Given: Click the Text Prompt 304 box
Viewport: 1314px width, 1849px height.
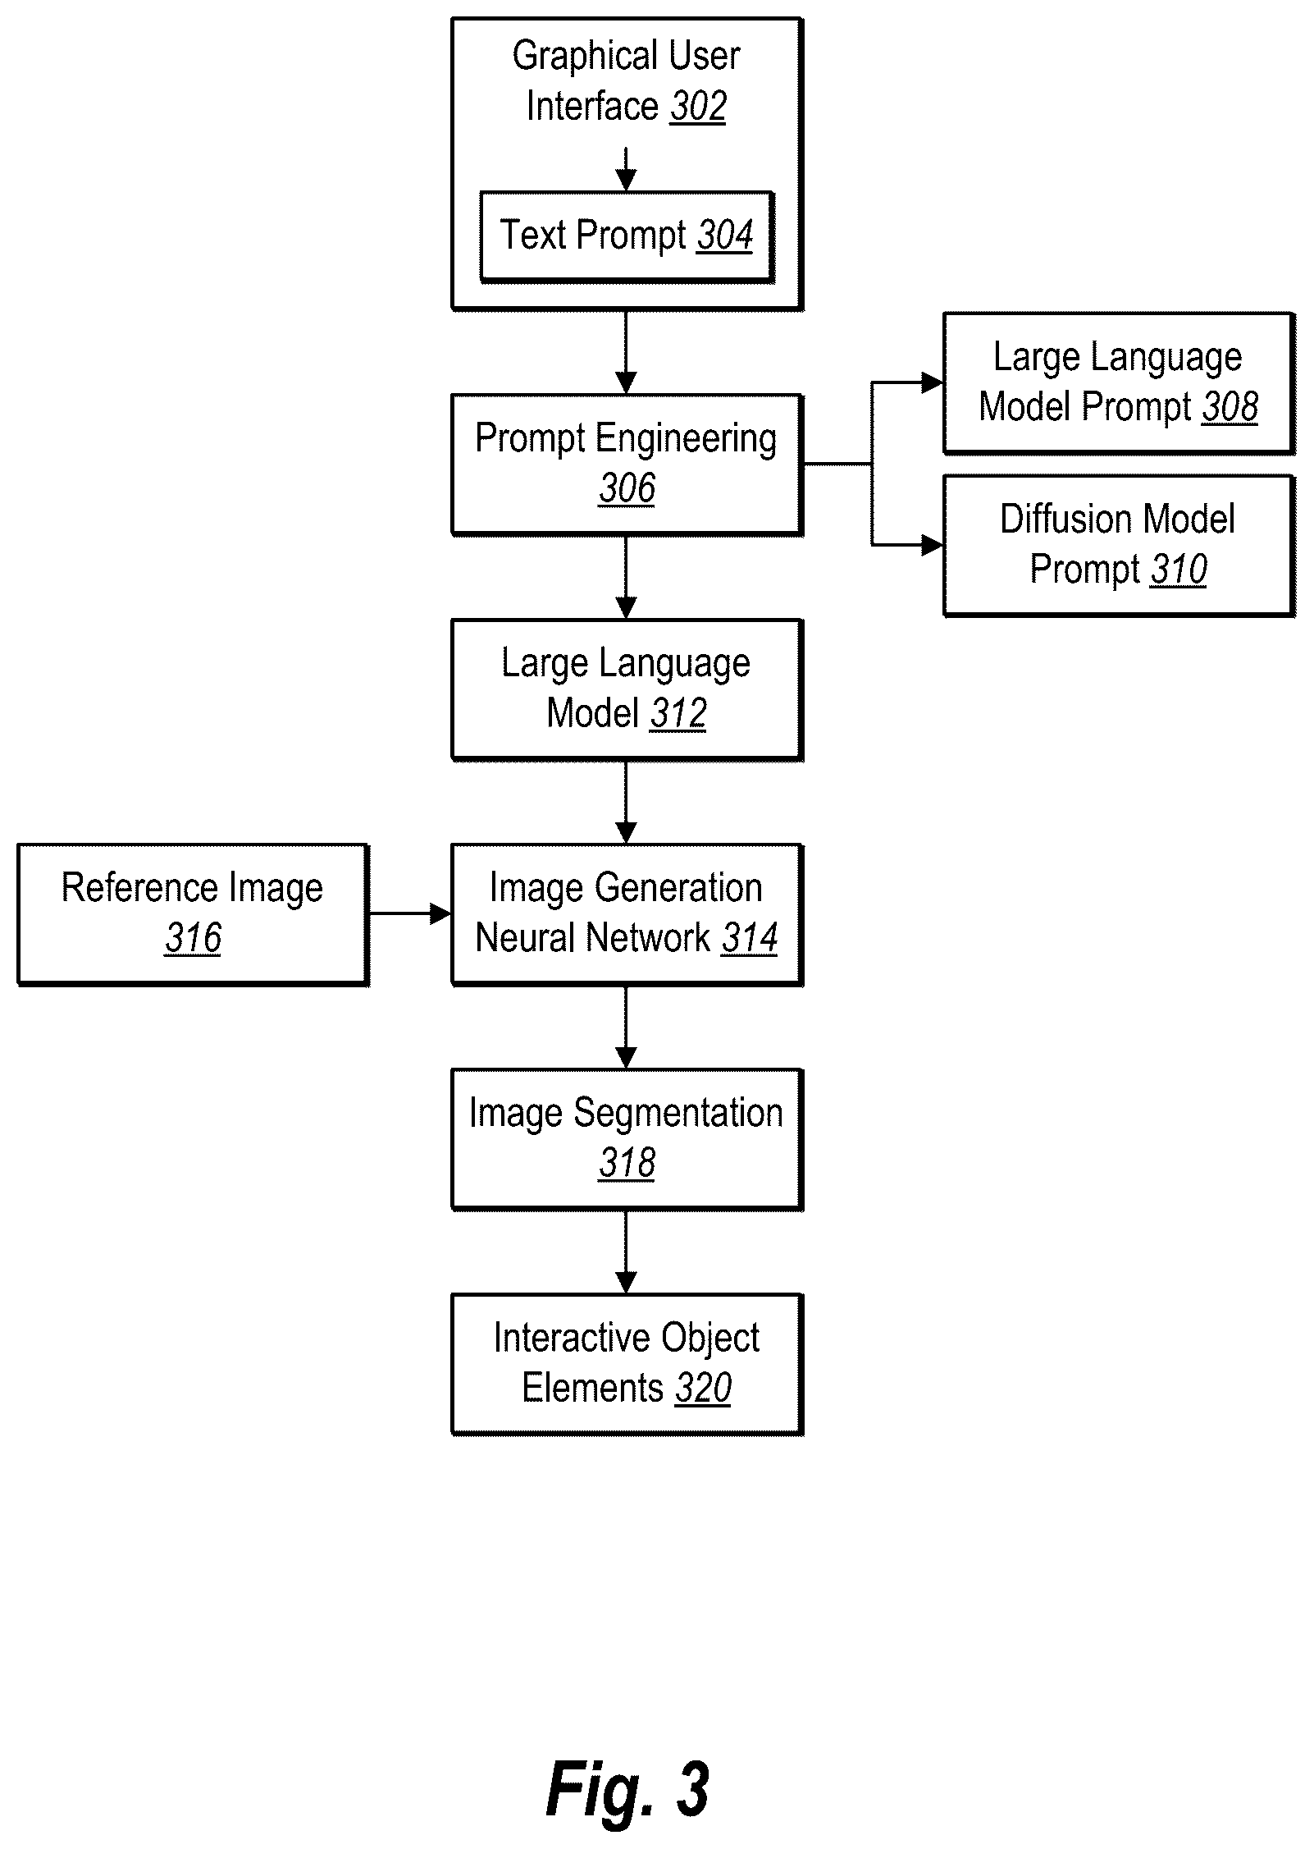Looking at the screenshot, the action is tap(627, 237).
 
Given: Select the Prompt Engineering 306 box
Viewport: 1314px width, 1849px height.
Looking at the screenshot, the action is tap(627, 465).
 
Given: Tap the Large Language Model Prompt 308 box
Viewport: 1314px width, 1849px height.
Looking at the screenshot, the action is tap(1119, 383).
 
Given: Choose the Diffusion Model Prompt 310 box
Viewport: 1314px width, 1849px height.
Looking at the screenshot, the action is tap(1119, 546).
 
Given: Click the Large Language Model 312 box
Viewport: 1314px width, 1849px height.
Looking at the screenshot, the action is tap(627, 690).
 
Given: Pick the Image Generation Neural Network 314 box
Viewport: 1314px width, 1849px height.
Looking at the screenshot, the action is tap(627, 915).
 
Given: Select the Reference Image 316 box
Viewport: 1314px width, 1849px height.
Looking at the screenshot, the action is tap(194, 915).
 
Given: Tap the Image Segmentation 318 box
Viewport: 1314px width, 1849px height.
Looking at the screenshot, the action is tap(627, 1140).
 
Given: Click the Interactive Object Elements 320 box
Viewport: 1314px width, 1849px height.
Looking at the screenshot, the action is tap(627, 1365).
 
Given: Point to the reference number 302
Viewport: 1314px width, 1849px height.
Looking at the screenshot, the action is tap(698, 107).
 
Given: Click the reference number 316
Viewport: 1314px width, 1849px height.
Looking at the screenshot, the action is tap(194, 938).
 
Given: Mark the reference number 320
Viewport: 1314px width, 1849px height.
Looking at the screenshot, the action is tap(704, 1388).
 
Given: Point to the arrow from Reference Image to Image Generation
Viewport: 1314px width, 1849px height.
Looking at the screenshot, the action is tap(410, 913).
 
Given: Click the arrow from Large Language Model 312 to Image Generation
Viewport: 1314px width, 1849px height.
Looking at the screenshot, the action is tap(627, 803).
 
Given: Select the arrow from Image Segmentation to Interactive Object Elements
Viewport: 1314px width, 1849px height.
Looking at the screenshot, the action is tap(627, 1252).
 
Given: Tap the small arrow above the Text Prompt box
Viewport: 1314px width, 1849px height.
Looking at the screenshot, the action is tap(627, 170).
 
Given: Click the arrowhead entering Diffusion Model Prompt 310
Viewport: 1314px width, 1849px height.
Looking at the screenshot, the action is tap(933, 545).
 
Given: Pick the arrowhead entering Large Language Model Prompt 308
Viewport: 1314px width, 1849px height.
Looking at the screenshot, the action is tap(933, 382).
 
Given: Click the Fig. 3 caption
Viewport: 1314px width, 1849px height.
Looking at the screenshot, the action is tap(627, 1790).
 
